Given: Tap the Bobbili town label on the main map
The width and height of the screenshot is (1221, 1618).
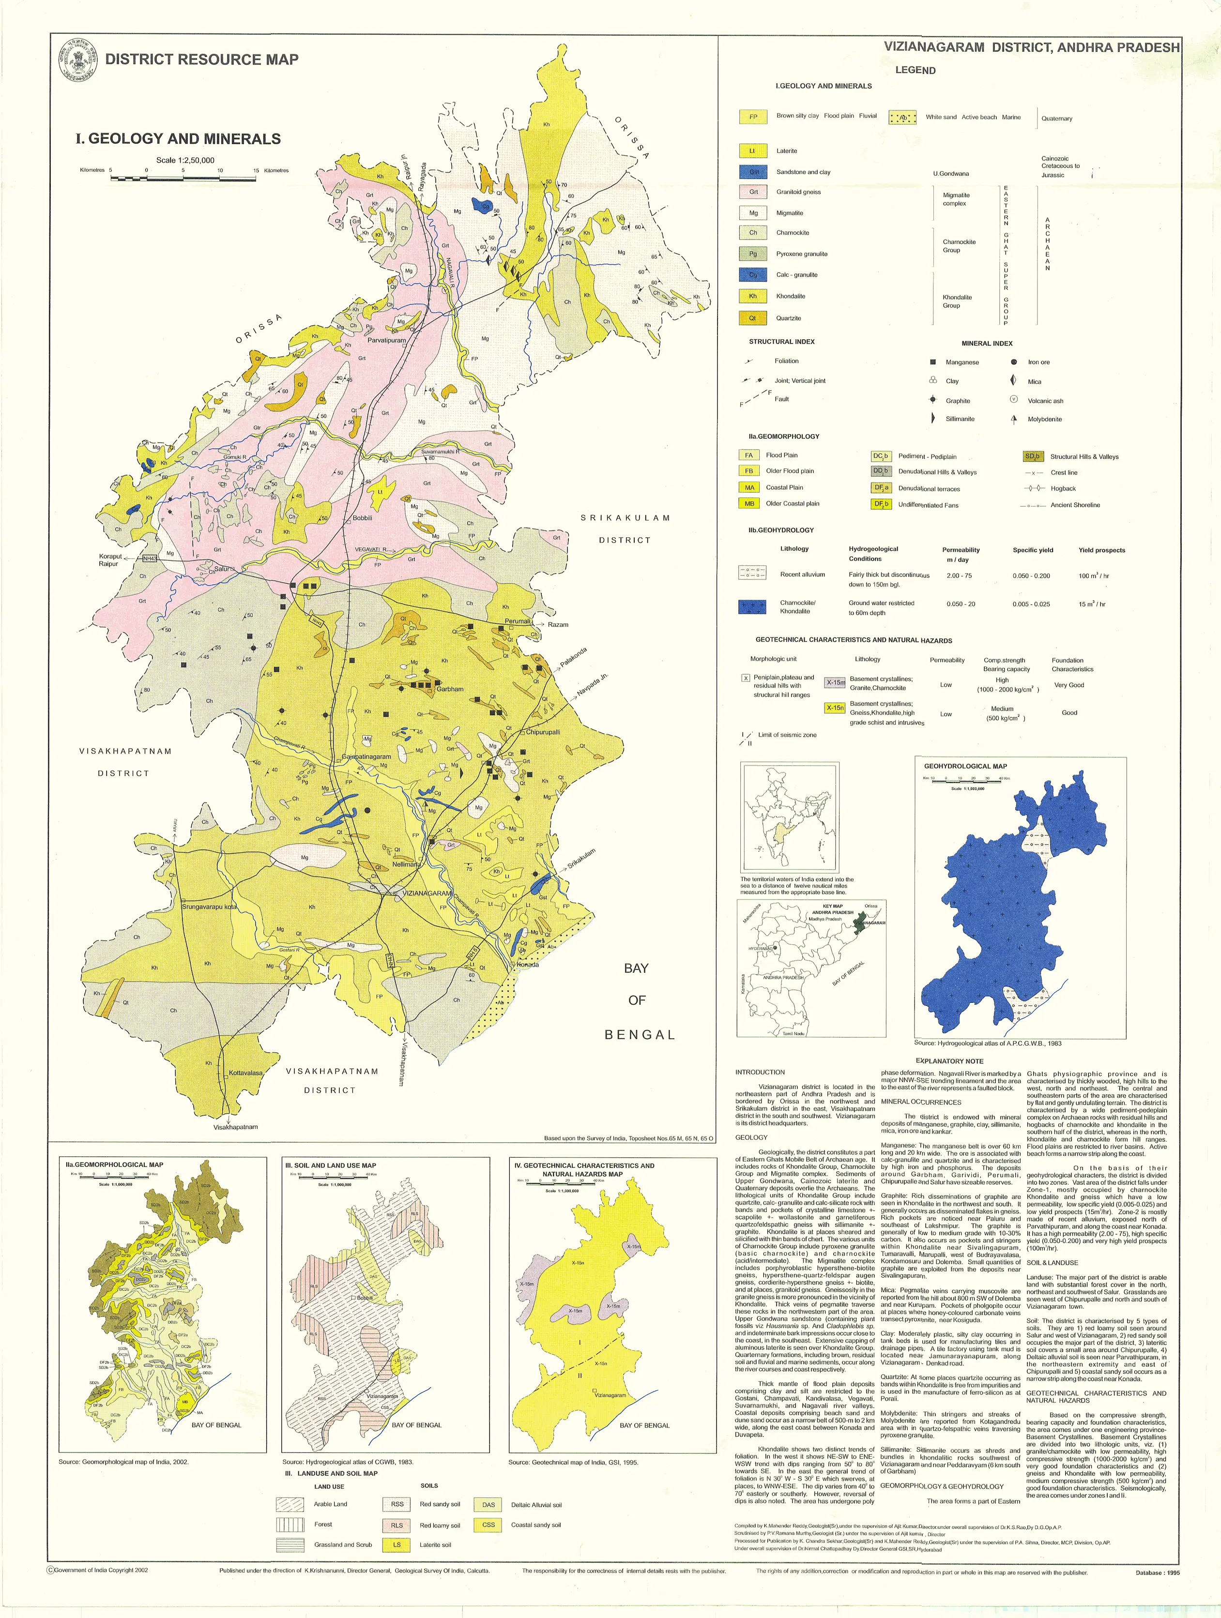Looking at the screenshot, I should pos(362,518).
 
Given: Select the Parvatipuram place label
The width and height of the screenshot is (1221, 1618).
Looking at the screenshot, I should pos(386,341).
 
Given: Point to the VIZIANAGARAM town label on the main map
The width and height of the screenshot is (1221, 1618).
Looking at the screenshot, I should pos(427,893).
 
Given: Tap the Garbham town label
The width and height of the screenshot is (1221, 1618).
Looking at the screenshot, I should pos(449,689).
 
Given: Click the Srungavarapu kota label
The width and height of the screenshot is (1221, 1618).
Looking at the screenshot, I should pos(209,907).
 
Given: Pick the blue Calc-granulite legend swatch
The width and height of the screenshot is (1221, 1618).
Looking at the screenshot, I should pos(753,275).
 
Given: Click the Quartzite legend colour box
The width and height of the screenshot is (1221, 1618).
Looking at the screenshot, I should pos(753,318).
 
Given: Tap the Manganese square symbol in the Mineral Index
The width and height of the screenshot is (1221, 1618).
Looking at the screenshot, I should pos(933,362).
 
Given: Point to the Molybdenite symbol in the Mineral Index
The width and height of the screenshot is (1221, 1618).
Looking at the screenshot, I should pos(1013,419).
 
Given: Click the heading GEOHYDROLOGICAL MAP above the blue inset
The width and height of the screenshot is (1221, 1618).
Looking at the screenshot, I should pos(965,766).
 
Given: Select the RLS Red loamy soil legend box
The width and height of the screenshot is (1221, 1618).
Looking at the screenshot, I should pos(397,1525).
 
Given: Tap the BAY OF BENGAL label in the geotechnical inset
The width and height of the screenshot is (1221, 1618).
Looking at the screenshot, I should pos(644,1425).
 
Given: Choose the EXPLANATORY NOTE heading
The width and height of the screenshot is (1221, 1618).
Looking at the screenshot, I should pos(949,1060).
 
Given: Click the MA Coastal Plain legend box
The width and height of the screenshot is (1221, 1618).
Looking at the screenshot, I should pos(749,488).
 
